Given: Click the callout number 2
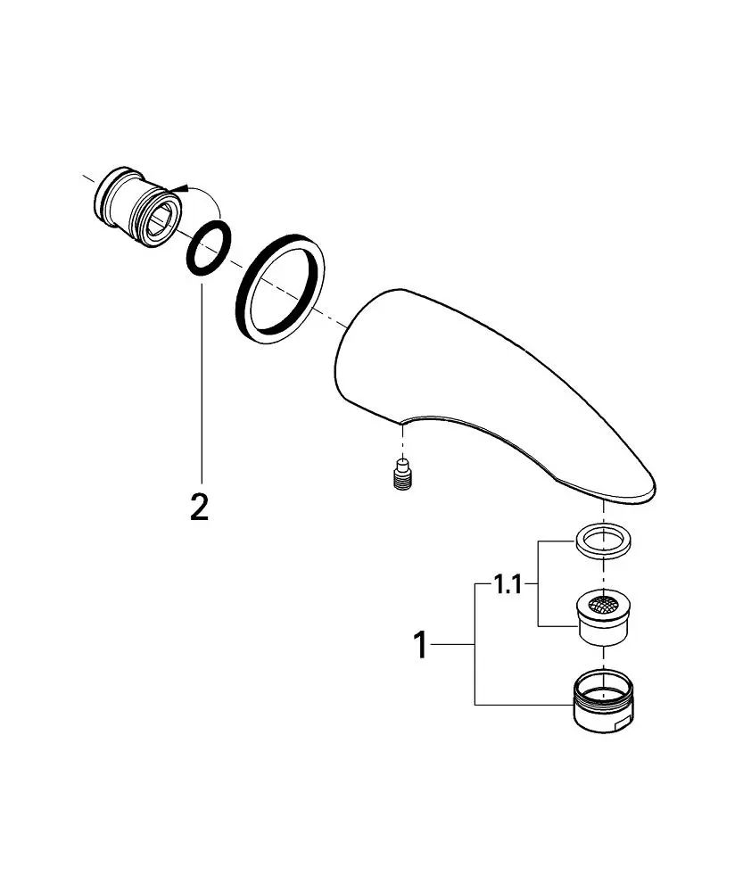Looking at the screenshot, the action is click(199, 507).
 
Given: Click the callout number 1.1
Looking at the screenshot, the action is click(508, 584).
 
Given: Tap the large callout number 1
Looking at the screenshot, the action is click(420, 645).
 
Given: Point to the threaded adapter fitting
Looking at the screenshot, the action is click(136, 207).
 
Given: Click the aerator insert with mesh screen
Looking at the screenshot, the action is click(602, 618).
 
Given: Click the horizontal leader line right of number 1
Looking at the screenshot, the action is click(453, 645).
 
